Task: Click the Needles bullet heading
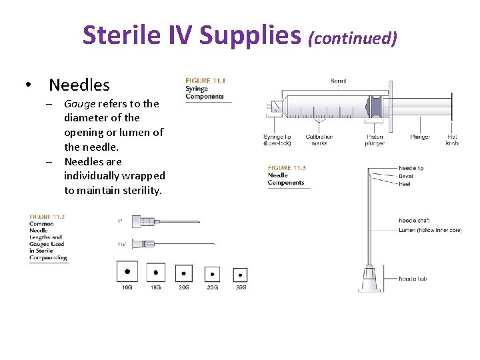coord(79,85)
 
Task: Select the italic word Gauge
coord(79,104)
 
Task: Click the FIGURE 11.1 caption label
coord(205,81)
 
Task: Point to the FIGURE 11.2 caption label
coord(47,217)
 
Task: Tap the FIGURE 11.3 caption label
coord(287,167)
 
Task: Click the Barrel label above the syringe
coord(339,81)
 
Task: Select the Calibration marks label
coord(319,140)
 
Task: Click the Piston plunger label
coord(375,140)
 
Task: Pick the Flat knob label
coord(452,140)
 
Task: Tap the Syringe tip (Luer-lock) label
coord(277,140)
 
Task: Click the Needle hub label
coord(413,279)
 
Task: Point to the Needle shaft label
coord(415,221)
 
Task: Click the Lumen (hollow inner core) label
coord(430,230)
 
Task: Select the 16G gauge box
coord(127,271)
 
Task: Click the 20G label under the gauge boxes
coord(183,287)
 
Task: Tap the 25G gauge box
coord(240,274)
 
